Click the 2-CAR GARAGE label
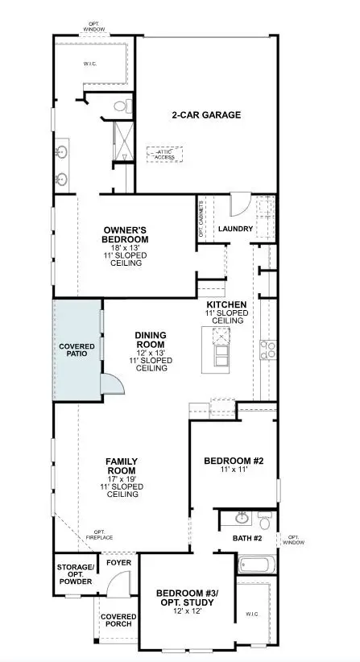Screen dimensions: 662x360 click(x=205, y=115)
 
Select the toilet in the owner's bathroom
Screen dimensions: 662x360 click(x=121, y=106)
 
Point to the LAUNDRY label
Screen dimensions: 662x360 click(x=235, y=229)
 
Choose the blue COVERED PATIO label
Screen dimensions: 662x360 click(x=77, y=350)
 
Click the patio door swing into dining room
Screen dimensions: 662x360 click(x=113, y=385)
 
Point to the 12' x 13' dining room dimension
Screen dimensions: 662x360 click(x=151, y=352)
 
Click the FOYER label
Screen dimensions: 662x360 click(x=118, y=563)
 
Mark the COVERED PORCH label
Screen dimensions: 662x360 click(x=118, y=621)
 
